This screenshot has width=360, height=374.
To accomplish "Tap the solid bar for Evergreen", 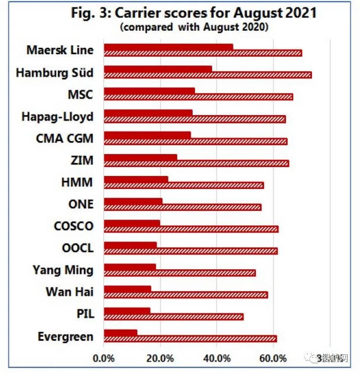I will pyautogui.click(x=120, y=332).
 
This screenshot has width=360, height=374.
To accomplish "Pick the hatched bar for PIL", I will pyautogui.click(x=173, y=317).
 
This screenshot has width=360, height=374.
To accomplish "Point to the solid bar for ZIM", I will pyautogui.click(x=140, y=157).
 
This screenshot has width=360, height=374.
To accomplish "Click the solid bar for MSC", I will pyautogui.click(x=149, y=91).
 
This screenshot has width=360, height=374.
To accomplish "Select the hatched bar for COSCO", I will pyautogui.click(x=191, y=229).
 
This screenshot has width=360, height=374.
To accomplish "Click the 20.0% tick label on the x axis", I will pyautogui.click(x=160, y=359).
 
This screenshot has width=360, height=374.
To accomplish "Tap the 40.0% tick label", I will pyautogui.click(x=216, y=359).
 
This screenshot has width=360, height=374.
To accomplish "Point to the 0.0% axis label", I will pyautogui.click(x=103, y=359).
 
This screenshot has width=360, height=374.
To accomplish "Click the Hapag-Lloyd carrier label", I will pyautogui.click(x=57, y=117).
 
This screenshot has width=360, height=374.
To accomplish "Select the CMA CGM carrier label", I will pyautogui.click(x=64, y=138).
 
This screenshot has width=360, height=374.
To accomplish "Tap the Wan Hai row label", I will pyautogui.click(x=69, y=292).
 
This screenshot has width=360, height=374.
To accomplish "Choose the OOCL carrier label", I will pyautogui.click(x=78, y=248).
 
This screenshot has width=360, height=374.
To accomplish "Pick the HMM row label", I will pyautogui.click(x=77, y=183).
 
